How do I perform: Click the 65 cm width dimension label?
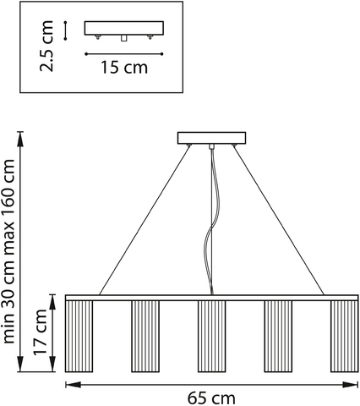click(x=211, y=398)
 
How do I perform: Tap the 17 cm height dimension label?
click(x=40, y=332)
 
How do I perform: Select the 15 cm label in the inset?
click(x=124, y=68)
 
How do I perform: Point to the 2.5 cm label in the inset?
click(x=46, y=47)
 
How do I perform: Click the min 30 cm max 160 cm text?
click(x=8, y=251)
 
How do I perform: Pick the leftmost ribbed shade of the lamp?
click(x=79, y=337)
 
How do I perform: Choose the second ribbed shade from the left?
click(x=145, y=337)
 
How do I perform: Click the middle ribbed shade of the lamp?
click(x=211, y=337)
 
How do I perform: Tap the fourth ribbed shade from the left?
click(x=278, y=337)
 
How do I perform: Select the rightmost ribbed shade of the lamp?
click(x=344, y=337)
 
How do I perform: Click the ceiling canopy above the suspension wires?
click(x=211, y=138)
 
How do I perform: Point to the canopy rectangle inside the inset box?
click(x=124, y=28)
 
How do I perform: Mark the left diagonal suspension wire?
click(x=145, y=220)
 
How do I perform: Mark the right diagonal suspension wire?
click(x=279, y=220)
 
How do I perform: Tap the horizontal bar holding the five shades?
click(x=212, y=298)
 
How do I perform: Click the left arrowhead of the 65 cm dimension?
click(x=73, y=385)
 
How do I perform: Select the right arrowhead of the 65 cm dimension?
click(x=351, y=385)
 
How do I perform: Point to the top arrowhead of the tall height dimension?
click(x=20, y=140)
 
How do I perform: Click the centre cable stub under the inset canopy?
click(x=123, y=38)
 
